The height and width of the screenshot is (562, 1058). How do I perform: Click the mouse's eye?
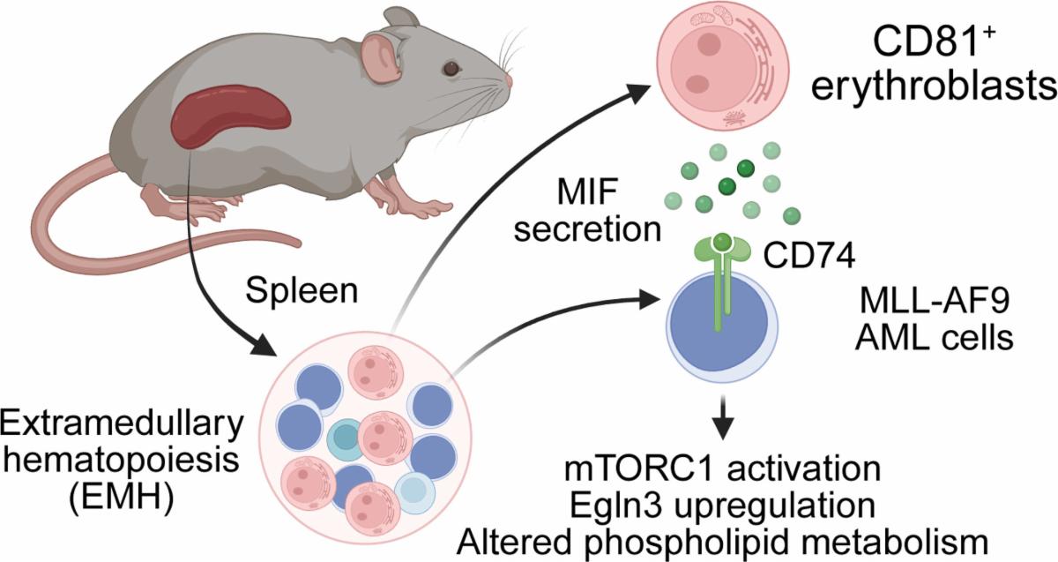click(x=451, y=67)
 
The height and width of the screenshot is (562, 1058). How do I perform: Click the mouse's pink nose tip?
click(x=510, y=82)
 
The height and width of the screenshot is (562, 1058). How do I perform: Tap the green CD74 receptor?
click(x=723, y=265)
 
